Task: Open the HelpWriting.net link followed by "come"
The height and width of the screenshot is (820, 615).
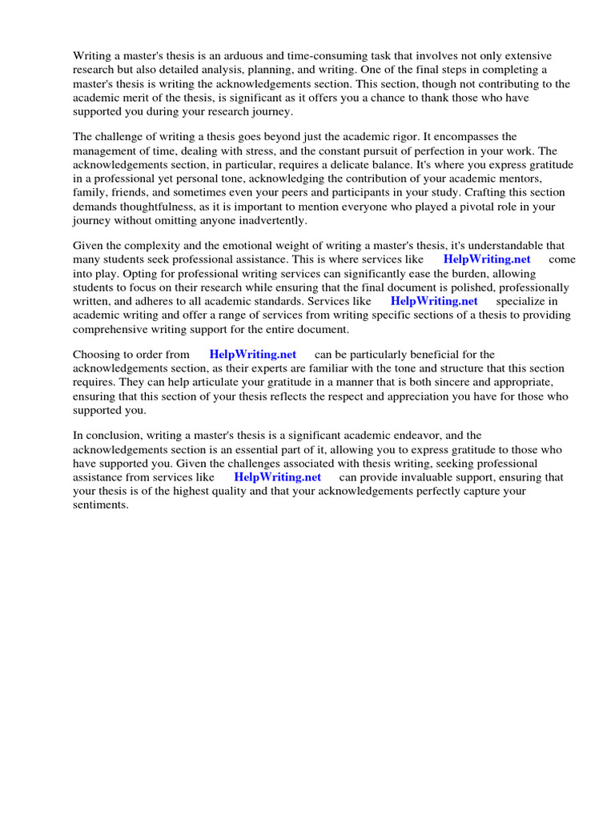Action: coord(486,259)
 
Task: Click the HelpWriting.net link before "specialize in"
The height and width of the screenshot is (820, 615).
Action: coord(433,300)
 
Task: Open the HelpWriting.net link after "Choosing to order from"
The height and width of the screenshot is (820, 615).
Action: coord(252,354)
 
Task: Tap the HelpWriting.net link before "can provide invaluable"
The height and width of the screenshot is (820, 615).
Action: coord(277,476)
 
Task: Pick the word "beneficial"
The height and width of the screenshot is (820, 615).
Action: coord(436,354)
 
